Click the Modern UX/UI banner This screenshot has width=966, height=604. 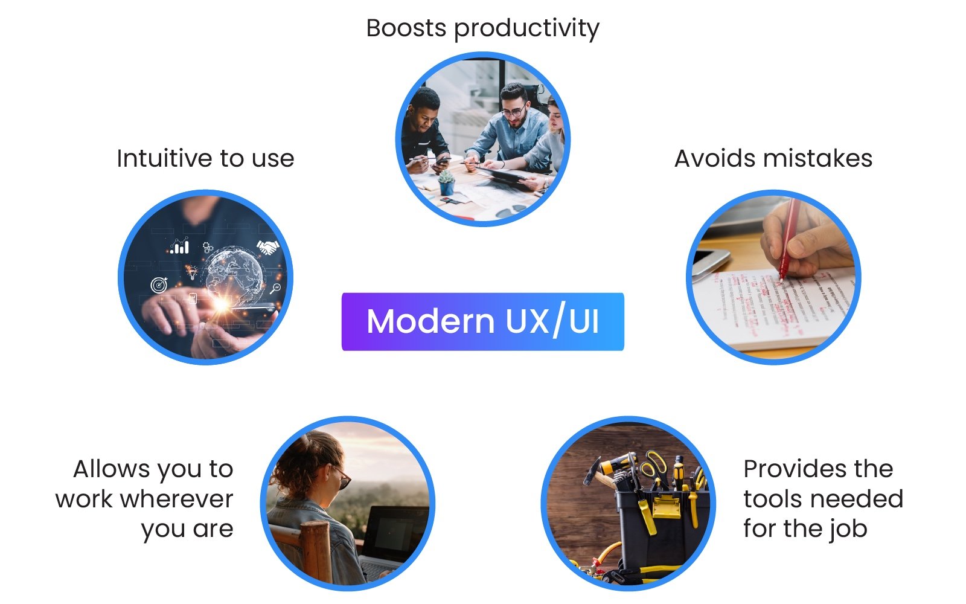482,321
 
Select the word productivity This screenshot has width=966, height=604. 526,29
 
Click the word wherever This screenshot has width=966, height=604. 176,499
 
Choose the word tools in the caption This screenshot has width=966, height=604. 770,499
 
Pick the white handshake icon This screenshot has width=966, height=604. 267,246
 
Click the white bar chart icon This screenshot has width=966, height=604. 179,246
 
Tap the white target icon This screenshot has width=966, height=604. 159,284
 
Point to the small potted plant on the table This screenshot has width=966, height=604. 446,182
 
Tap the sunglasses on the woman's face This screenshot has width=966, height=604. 343,478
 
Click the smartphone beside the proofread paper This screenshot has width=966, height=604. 710,263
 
